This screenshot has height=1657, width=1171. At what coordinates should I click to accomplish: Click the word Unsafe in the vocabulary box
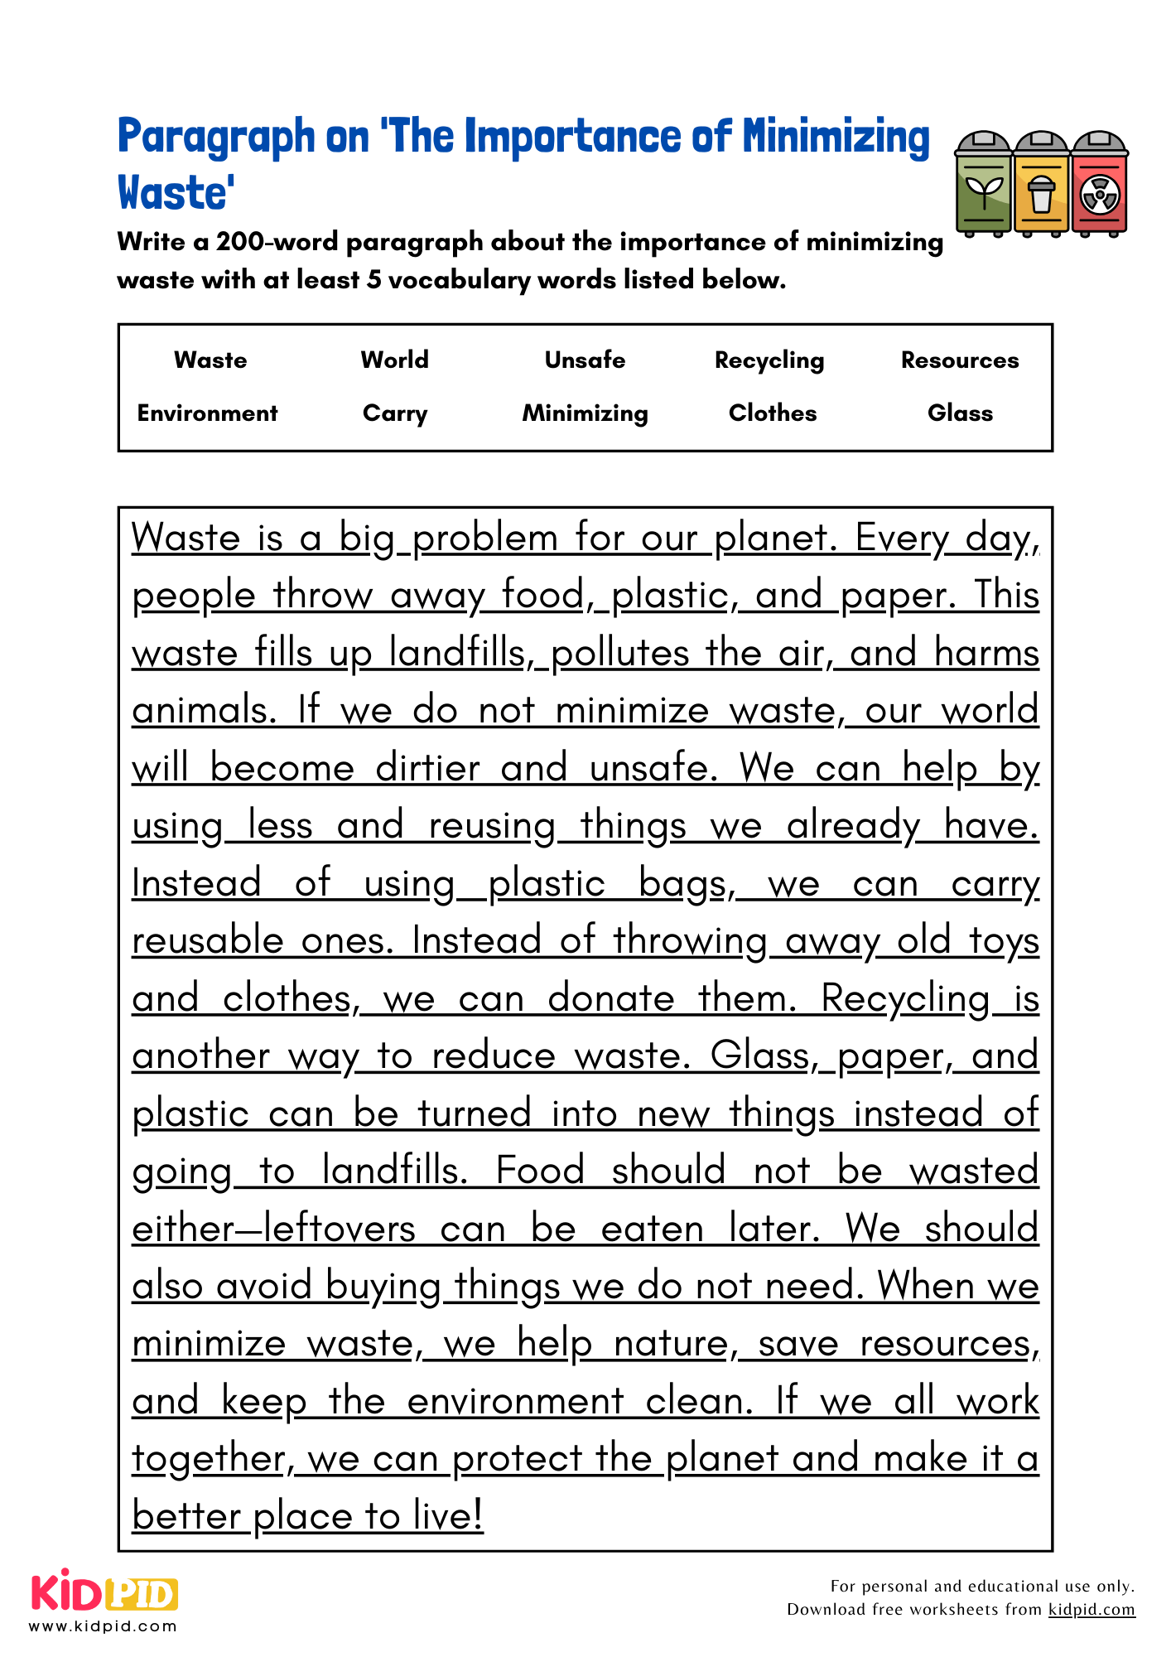point(585,360)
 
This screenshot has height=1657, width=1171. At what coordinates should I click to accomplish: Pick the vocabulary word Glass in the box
point(960,413)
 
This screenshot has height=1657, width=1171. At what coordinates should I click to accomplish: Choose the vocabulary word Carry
point(395,413)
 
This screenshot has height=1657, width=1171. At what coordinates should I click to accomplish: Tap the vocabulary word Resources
point(960,360)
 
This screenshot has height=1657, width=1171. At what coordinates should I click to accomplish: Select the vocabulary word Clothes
point(772,413)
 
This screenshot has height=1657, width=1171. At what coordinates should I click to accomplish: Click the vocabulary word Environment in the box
point(207,413)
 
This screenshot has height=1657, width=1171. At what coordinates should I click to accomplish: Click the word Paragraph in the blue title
point(216,138)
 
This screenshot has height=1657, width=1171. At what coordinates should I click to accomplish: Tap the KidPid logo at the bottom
point(104,1592)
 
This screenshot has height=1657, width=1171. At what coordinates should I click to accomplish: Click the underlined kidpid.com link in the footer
point(1091,1609)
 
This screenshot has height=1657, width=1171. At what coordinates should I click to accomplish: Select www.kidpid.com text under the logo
point(104,1626)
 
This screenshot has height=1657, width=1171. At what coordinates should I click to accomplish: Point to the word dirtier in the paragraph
point(427,767)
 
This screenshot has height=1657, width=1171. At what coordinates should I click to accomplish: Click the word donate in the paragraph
point(611,998)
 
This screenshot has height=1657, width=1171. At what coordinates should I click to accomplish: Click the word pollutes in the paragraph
point(619,653)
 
